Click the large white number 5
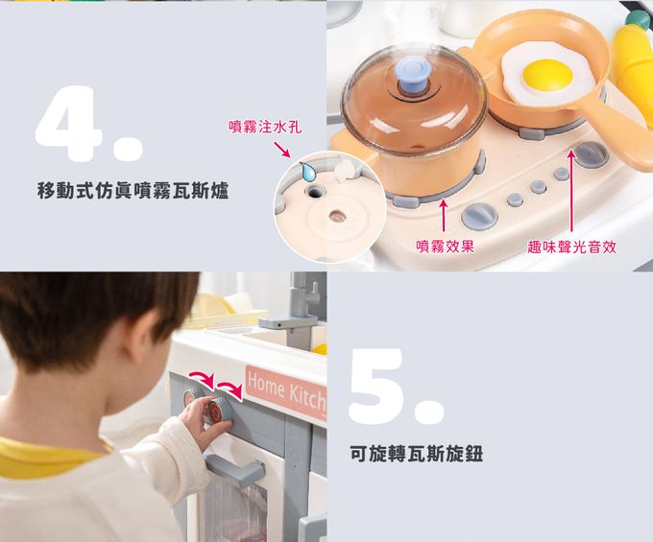point(397,387)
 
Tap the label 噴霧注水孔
point(265,127)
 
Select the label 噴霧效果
point(446,247)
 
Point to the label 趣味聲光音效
point(571,247)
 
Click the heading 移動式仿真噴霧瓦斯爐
point(133,191)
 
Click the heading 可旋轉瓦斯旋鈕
point(417,453)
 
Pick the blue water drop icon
point(307,172)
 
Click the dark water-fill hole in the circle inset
point(315,192)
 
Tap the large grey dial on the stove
point(479,217)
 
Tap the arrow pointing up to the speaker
point(571,191)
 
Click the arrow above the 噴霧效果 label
point(444,215)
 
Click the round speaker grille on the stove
point(591,154)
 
